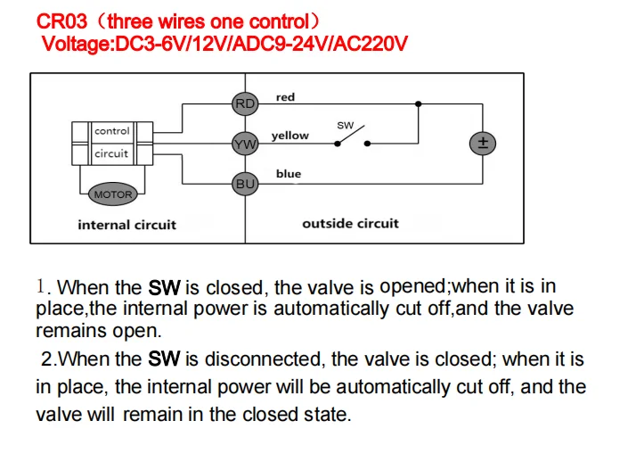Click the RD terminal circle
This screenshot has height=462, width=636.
(244, 103)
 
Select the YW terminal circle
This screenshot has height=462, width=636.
(244, 144)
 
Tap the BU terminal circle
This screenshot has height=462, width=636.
(244, 184)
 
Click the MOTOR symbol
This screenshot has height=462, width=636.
(112, 194)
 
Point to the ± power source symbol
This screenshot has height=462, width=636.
(482, 144)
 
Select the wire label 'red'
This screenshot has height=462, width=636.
(285, 97)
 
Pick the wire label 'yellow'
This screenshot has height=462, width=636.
(290, 136)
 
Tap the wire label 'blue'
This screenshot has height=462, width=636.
(289, 174)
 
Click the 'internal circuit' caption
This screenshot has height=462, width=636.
(126, 225)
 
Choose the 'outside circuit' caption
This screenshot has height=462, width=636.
(350, 223)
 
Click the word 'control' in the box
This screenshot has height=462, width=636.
(112, 131)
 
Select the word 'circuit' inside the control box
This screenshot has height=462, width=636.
(111, 153)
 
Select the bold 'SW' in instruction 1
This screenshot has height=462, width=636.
(164, 287)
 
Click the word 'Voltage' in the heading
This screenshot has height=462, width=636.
(72, 42)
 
